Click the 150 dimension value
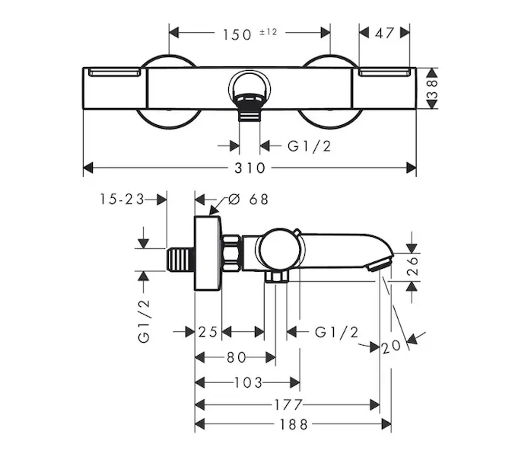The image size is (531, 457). (238, 34)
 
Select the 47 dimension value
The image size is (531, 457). (385, 33)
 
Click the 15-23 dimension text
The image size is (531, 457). (121, 199)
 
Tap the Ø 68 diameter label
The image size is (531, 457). (248, 199)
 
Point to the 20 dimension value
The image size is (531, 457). (393, 346)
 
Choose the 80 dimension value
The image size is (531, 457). (237, 357)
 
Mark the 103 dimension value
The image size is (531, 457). (248, 382)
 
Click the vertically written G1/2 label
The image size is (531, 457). (145, 321)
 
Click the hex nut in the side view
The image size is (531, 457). (231, 254)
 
